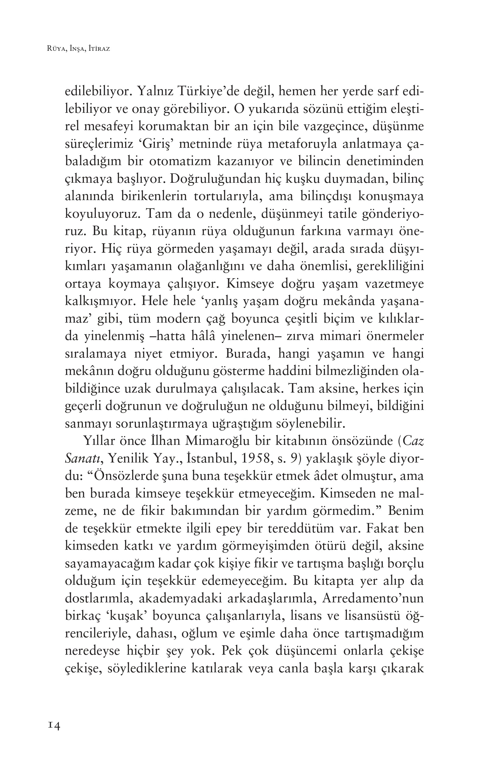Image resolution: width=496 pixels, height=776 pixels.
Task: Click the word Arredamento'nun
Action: point(372,598)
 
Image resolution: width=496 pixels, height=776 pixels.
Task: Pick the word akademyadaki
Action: point(180,598)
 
